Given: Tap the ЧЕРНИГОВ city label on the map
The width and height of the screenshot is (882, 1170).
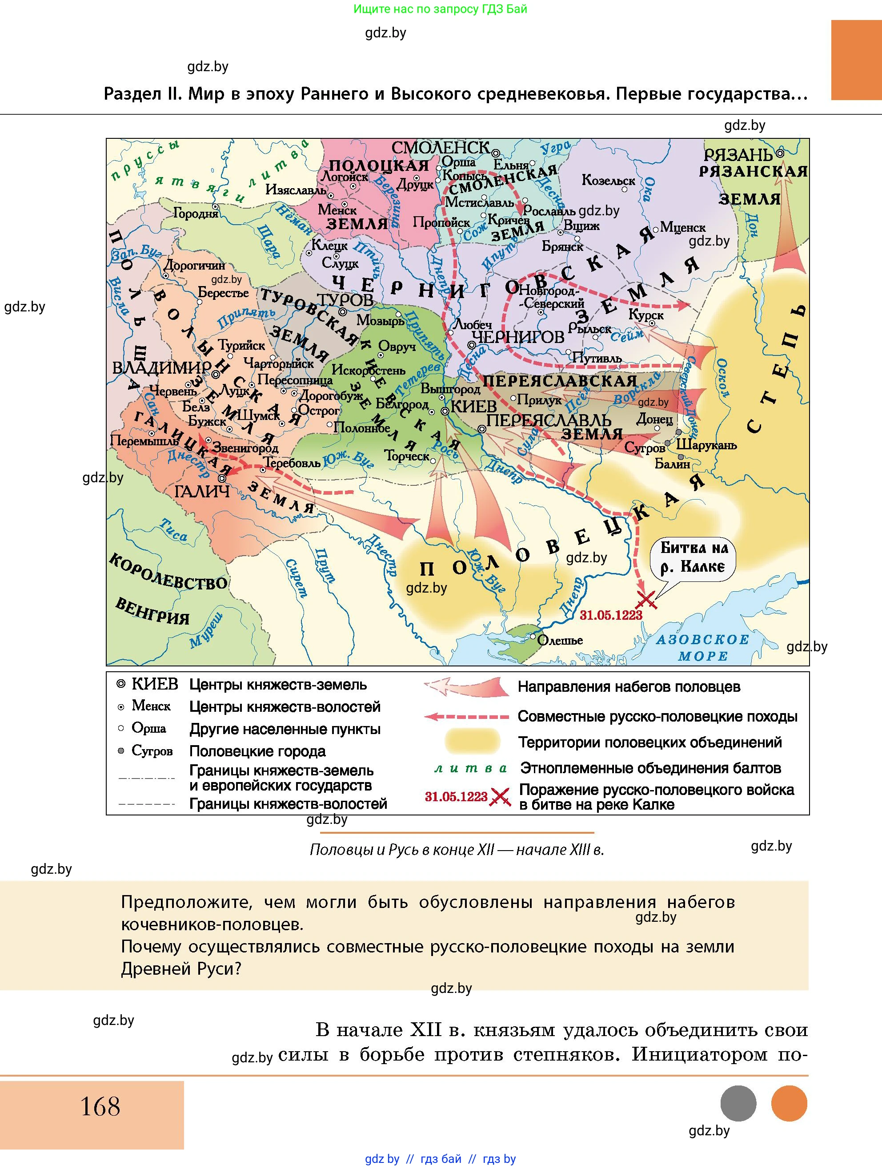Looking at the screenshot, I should click(518, 336).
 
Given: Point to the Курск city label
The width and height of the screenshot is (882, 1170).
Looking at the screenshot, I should click(646, 315).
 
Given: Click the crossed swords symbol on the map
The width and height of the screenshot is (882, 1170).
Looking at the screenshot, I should click(646, 600).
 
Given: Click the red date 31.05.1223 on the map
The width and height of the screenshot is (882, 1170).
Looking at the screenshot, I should click(610, 615).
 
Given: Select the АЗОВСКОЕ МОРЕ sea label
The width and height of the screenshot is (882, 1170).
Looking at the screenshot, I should click(703, 647).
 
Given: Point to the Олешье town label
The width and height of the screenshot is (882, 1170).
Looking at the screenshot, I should click(560, 641).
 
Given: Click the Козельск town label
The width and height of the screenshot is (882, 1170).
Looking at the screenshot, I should click(608, 180).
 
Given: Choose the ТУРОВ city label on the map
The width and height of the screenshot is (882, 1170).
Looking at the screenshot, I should click(345, 299).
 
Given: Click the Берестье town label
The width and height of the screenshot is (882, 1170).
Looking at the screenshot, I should click(223, 293).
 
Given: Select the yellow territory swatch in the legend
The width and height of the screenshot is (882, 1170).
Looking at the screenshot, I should click(473, 742).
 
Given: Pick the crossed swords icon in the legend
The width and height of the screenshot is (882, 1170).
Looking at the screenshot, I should click(500, 797).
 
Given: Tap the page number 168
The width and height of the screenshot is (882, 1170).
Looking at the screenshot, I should click(100, 1106).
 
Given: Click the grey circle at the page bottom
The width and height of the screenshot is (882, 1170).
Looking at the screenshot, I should click(738, 1104).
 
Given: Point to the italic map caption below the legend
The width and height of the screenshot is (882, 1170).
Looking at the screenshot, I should click(457, 849).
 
